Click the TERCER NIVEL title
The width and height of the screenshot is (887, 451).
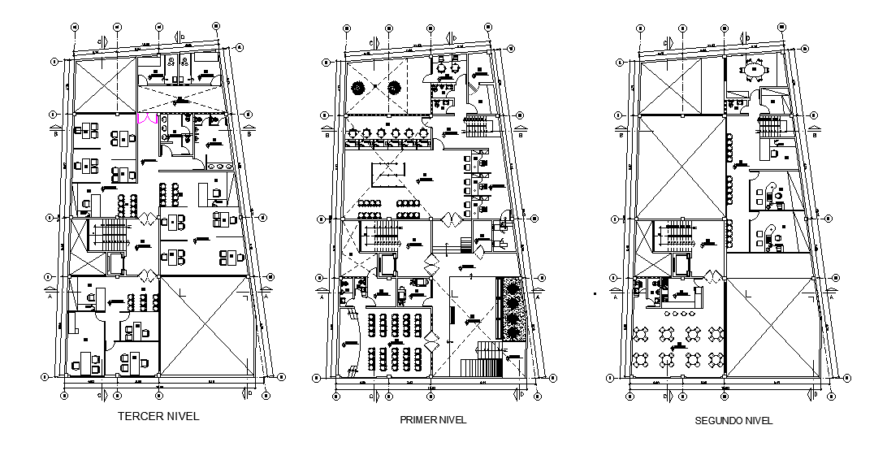[x=158, y=416]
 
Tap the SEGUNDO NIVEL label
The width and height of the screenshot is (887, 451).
[x=733, y=421]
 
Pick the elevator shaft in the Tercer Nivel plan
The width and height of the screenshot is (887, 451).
[x=116, y=264]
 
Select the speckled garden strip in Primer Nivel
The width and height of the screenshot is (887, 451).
[x=513, y=311]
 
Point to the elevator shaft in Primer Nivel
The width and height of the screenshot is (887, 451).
[x=387, y=266]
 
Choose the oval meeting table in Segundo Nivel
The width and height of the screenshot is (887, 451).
[x=756, y=71]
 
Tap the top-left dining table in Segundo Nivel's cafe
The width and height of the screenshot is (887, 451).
[x=643, y=333]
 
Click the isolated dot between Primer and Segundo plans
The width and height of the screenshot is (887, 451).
[x=595, y=293]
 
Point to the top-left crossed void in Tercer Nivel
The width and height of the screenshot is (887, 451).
[x=102, y=84]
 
